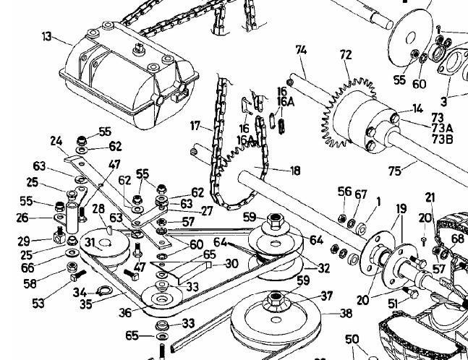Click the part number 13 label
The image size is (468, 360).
click(x=46, y=37)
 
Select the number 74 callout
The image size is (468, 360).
click(x=302, y=50)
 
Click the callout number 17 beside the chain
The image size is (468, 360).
click(x=195, y=126)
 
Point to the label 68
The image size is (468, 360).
click(x=458, y=239)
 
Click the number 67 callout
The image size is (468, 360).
click(x=360, y=193)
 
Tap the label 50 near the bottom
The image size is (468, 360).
click(x=352, y=340)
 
